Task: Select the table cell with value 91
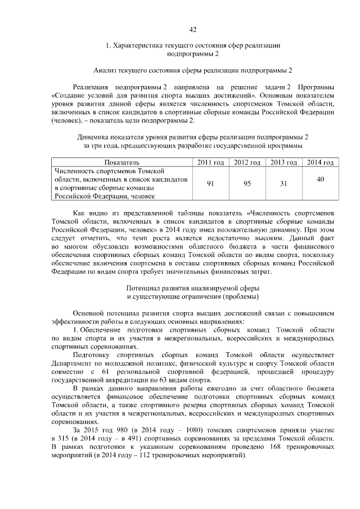(210, 183)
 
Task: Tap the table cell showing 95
(246, 183)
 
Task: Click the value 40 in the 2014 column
(320, 179)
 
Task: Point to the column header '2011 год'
(210, 163)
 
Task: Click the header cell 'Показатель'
(121, 163)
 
